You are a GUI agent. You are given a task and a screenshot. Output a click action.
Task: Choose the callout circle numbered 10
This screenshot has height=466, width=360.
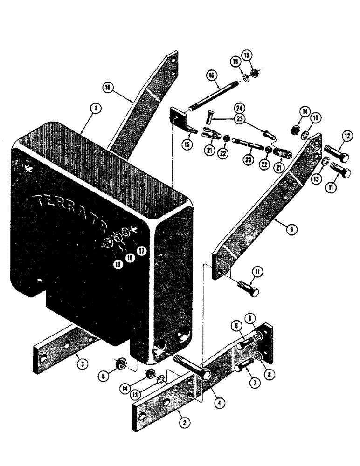click(x=107, y=87)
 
